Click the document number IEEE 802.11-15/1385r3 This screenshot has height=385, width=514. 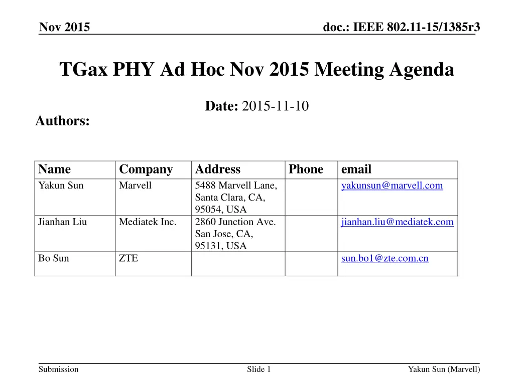click(x=402, y=28)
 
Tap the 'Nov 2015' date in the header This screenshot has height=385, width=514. click(x=65, y=28)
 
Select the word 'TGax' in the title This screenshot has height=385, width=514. click(x=83, y=70)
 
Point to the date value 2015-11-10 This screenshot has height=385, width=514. click(x=275, y=106)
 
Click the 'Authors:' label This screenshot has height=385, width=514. click(x=63, y=121)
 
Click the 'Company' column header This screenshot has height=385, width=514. click(x=146, y=169)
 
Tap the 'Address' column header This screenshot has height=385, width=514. click(x=217, y=169)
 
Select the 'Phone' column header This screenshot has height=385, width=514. click(x=306, y=169)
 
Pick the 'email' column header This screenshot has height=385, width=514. click(x=356, y=169)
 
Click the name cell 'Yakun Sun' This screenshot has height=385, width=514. click(x=61, y=185)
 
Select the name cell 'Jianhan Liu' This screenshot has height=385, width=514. click(x=62, y=222)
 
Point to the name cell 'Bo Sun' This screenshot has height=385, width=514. click(x=54, y=258)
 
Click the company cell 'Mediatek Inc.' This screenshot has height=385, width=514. click(x=148, y=222)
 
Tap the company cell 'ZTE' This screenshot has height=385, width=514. click(x=128, y=258)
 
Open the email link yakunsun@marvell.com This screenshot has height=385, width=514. click(x=392, y=185)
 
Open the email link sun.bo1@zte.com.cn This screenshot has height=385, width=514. click(x=384, y=258)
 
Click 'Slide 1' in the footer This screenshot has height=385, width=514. click(x=259, y=369)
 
